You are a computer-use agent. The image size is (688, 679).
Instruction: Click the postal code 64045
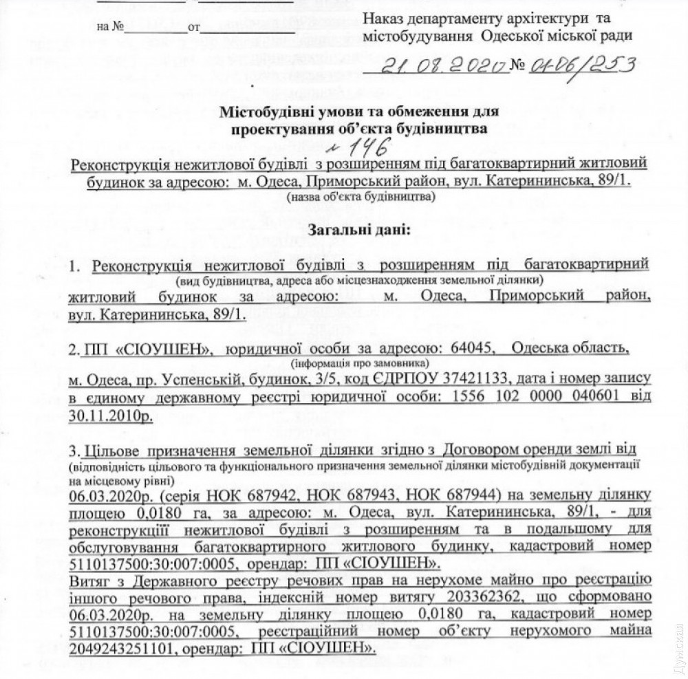tap(471, 349)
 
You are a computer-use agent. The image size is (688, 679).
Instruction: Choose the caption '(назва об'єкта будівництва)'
tap(360, 196)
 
